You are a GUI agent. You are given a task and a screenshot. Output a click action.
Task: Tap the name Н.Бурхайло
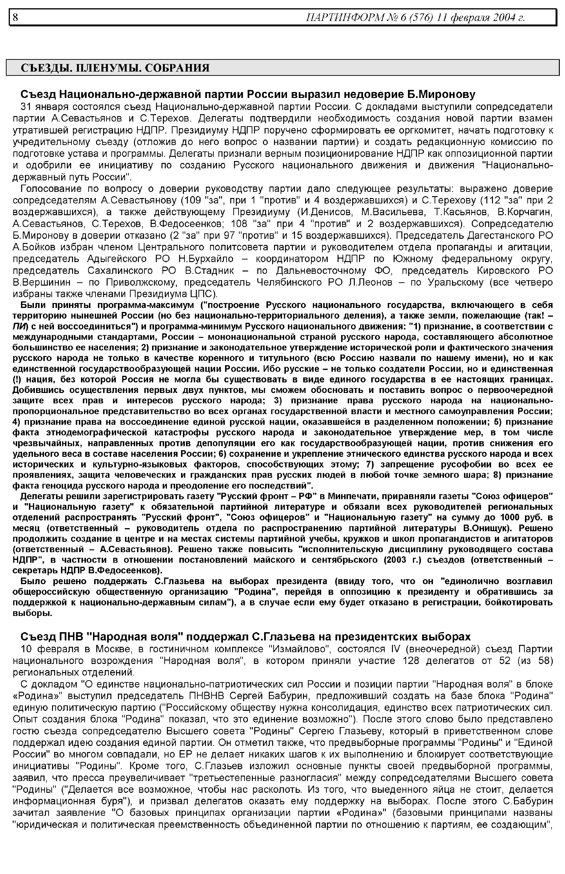click(206, 259)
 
